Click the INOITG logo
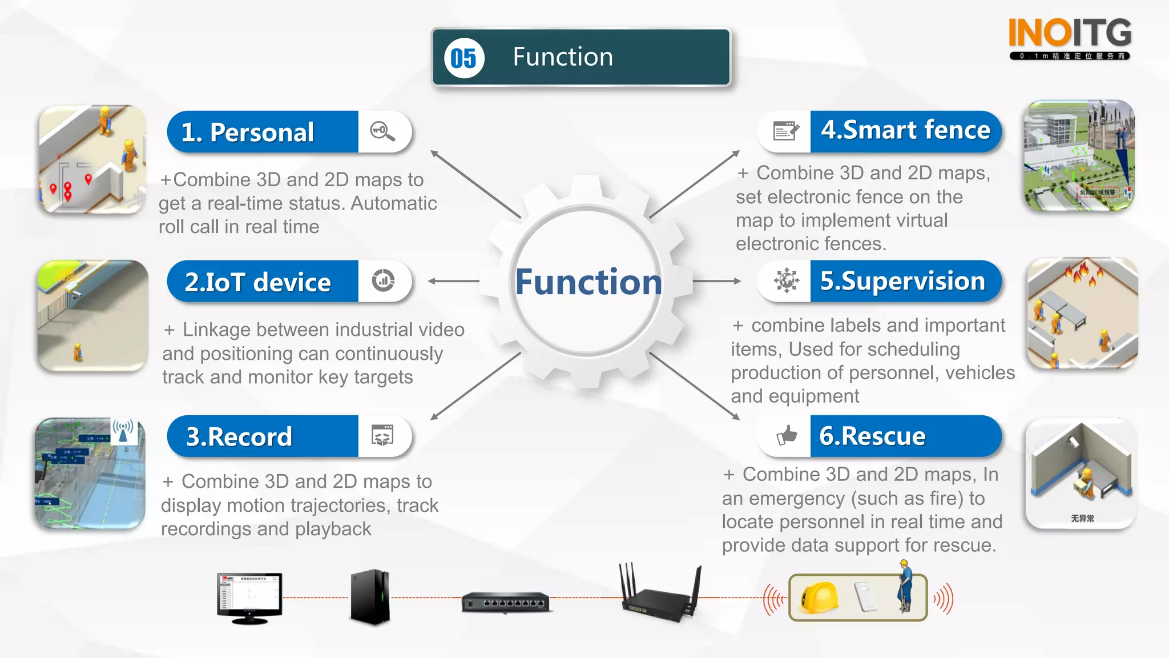coord(1070,38)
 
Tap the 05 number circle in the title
coord(463,58)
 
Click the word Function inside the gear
coord(588,282)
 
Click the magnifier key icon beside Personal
coord(382,131)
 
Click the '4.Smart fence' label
coord(905,131)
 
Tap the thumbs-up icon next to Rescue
coord(787,436)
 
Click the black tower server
coord(370,597)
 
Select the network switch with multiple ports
coord(506,602)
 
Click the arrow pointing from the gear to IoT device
coord(453,281)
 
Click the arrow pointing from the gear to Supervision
coord(717,281)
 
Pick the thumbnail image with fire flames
coord(1082,314)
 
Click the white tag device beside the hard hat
coord(865,596)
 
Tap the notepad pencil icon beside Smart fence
coord(786,131)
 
